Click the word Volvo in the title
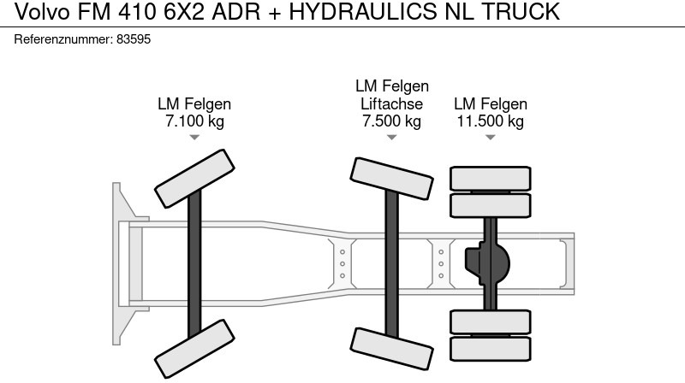pos(42,11)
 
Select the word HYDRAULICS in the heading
pos(362,11)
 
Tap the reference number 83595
pos(134,39)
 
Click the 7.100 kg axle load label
pos(194,121)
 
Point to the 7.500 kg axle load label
pos(391,121)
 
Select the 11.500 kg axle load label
pos(490,121)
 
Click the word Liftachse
pos(391,103)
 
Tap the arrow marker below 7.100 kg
pos(194,138)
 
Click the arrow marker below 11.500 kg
pos(490,138)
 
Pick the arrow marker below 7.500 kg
pos(391,138)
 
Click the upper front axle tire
pos(194,179)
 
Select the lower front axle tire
pos(194,349)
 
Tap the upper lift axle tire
pos(391,179)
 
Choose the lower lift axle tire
pos(391,349)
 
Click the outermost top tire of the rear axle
pos(490,179)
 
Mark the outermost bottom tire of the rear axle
pos(490,349)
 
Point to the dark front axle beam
pos(194,263)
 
